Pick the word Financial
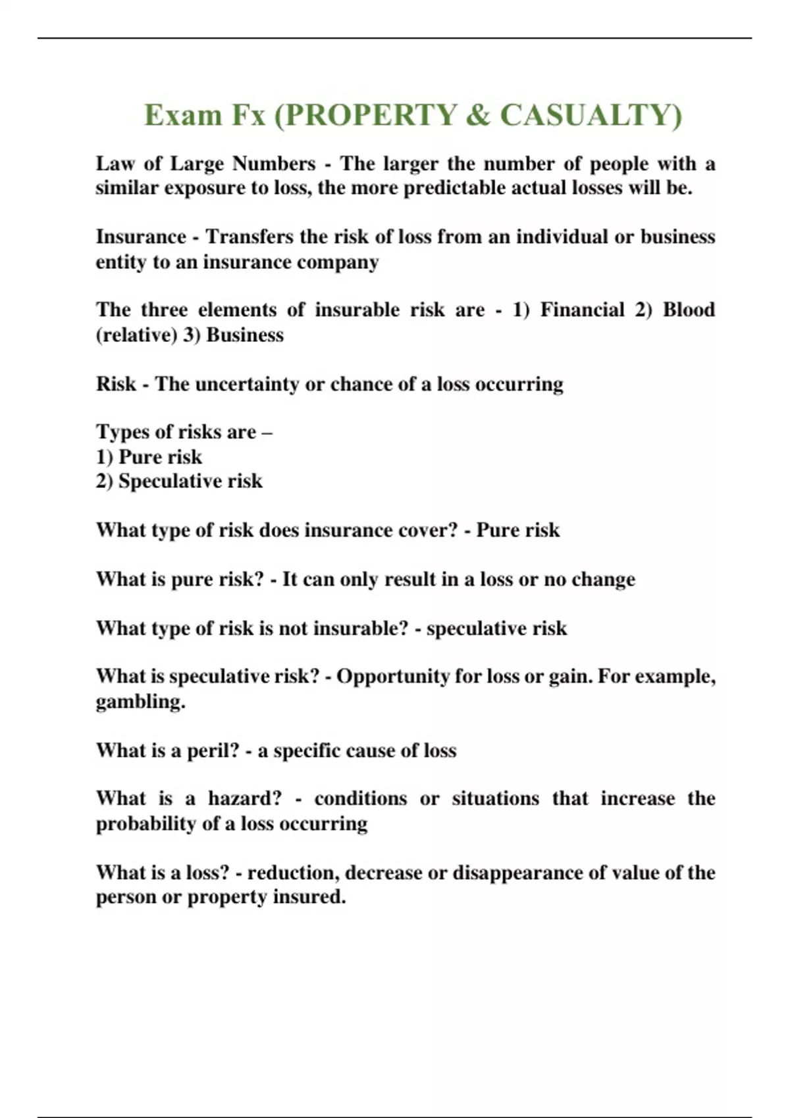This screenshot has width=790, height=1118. coord(582,310)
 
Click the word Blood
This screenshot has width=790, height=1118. coord(689,310)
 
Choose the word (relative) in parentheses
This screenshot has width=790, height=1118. coord(136,335)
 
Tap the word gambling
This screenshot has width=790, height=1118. coord(140,702)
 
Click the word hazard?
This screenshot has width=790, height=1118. coord(245,798)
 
